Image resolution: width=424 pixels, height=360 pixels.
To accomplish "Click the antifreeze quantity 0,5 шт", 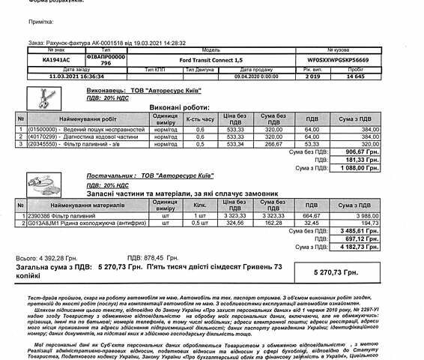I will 200,223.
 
